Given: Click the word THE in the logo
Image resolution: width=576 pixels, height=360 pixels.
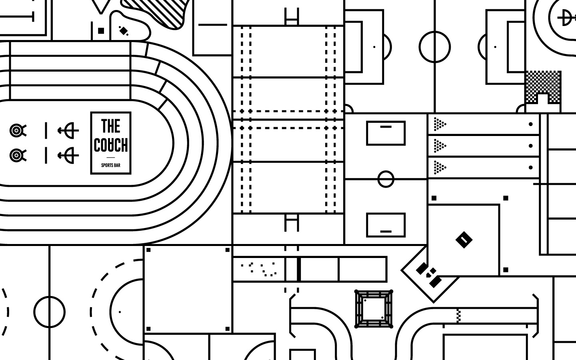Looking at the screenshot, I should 111,126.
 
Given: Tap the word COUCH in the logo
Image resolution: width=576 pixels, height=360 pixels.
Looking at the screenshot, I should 111,145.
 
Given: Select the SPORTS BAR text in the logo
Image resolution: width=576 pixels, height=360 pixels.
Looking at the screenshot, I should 111,165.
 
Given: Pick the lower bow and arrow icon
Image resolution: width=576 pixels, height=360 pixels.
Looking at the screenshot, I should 69,155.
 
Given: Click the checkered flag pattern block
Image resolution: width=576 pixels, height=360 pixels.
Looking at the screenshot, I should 543,86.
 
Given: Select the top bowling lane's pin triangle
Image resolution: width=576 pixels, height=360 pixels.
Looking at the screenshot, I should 440,124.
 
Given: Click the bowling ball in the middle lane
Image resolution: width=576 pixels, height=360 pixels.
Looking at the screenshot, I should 530,146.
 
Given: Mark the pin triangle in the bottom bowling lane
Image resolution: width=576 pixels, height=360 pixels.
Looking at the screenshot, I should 440,167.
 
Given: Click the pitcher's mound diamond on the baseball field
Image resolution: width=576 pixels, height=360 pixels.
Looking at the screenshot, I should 464,240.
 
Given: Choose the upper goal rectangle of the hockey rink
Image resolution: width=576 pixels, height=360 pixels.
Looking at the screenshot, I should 386,133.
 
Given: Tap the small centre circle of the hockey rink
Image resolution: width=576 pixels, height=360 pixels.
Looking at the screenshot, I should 386,179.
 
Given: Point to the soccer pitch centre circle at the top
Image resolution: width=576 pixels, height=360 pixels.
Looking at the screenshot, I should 434,47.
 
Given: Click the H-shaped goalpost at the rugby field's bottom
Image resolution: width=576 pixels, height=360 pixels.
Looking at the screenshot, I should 292,222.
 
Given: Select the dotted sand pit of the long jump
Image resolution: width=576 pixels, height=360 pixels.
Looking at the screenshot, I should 259,269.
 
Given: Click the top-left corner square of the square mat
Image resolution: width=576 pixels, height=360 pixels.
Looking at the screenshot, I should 148,250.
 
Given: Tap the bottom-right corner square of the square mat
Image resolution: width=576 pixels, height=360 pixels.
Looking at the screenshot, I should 228,329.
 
